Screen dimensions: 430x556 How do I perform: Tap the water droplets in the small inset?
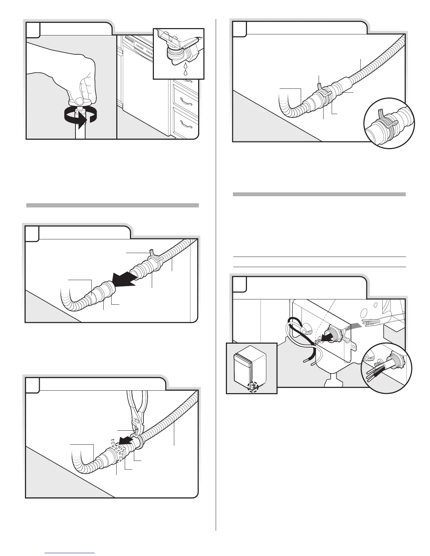(185, 70)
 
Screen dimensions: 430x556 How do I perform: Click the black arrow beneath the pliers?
(123, 441)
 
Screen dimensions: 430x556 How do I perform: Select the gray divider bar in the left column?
(112, 205)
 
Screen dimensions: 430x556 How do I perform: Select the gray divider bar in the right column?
(319, 194)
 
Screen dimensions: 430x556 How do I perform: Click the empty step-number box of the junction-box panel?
(239, 284)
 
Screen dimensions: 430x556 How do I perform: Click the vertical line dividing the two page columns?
(215, 281)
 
